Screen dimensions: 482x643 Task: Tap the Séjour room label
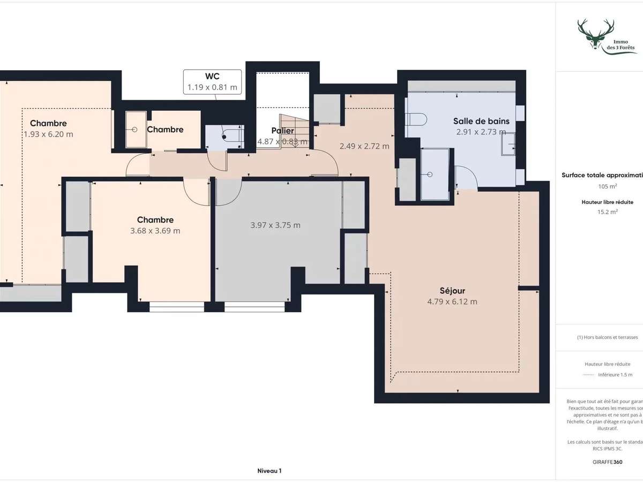pos(452,290)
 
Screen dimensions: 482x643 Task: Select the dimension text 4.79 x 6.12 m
pos(452,302)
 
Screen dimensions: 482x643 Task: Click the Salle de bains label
pos(481,121)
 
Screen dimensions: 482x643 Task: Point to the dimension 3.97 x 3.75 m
pos(275,225)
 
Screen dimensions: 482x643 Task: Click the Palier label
pos(282,131)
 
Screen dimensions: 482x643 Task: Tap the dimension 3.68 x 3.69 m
pos(155,231)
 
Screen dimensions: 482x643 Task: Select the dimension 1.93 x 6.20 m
pos(48,134)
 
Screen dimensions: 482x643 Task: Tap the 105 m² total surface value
pos(607,186)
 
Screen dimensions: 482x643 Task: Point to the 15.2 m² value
pos(607,211)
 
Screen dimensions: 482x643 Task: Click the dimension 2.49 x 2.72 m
pos(364,146)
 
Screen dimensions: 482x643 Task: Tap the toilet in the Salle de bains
pos(416,118)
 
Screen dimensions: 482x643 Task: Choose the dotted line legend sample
pos(588,374)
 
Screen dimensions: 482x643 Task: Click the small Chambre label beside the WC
pos(165,129)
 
